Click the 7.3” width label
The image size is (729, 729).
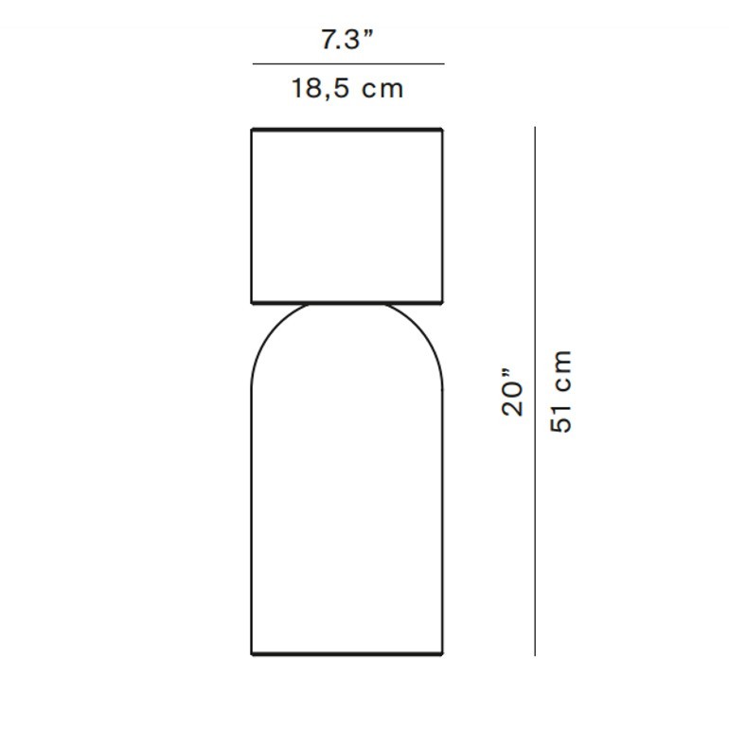tap(347, 39)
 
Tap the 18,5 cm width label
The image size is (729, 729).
tap(347, 88)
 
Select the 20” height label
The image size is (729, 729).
tap(512, 393)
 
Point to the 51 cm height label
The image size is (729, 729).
tap(560, 392)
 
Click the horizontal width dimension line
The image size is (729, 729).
tap(348, 63)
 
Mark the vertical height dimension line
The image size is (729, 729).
tap(535, 391)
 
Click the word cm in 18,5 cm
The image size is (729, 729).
tap(382, 89)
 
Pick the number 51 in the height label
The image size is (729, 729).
tap(560, 418)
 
